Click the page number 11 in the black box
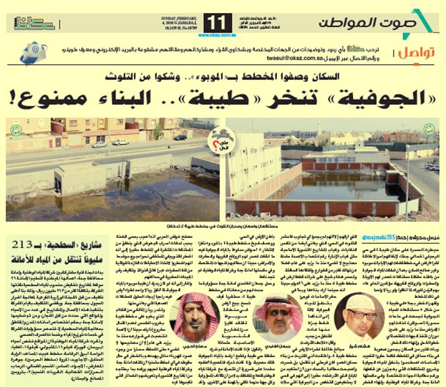218,23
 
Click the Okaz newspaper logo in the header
34,23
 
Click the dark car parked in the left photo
180,137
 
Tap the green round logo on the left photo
17,130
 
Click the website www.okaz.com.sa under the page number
218,35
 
